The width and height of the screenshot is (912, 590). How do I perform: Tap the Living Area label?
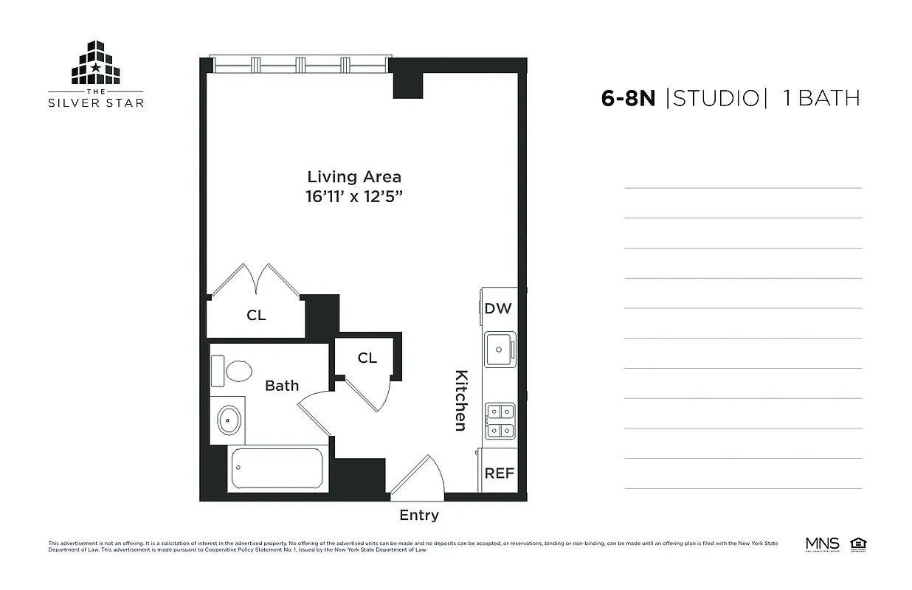point(354,177)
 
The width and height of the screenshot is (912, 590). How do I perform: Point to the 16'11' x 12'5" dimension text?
point(354,198)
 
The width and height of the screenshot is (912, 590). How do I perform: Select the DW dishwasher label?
point(498,309)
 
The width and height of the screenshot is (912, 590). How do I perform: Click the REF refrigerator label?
point(499,473)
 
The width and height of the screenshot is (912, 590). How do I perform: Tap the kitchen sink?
point(500,350)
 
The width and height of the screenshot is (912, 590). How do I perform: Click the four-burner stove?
point(500,420)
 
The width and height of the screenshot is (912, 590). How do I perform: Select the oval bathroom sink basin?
point(229,421)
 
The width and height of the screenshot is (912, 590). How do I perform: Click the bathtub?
point(277,468)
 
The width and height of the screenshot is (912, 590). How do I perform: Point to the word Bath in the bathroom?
point(282,386)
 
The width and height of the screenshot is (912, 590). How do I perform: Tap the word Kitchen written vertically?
point(460,400)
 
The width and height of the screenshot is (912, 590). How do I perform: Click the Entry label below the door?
point(419,516)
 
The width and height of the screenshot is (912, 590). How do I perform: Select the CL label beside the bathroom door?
point(367,358)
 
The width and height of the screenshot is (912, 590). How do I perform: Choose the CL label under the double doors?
point(256,316)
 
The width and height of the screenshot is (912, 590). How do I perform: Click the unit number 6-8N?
point(628,99)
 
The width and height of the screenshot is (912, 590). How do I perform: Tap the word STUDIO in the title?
point(716,99)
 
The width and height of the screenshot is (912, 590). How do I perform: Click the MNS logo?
point(822,545)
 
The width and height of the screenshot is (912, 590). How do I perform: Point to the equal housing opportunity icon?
point(858,545)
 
